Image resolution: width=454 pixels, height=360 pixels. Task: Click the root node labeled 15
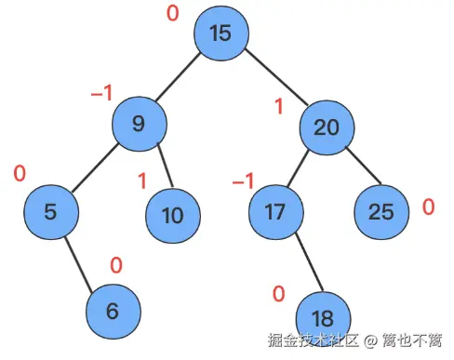pyautogui.click(x=220, y=33)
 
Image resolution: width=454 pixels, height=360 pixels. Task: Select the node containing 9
pyautogui.click(x=139, y=124)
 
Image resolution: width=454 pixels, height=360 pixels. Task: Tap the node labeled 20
pyautogui.click(x=326, y=127)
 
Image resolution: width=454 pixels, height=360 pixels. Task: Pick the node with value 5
pyautogui.click(x=50, y=210)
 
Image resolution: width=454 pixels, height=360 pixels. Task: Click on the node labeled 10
pyautogui.click(x=172, y=215)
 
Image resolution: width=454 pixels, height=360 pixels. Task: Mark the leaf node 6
pyautogui.click(x=113, y=310)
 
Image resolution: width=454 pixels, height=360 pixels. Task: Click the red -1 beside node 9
pyautogui.click(x=100, y=93)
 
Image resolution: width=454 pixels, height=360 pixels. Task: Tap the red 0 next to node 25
pyautogui.click(x=428, y=207)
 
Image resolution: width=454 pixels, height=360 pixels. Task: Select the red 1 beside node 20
pyautogui.click(x=277, y=107)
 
